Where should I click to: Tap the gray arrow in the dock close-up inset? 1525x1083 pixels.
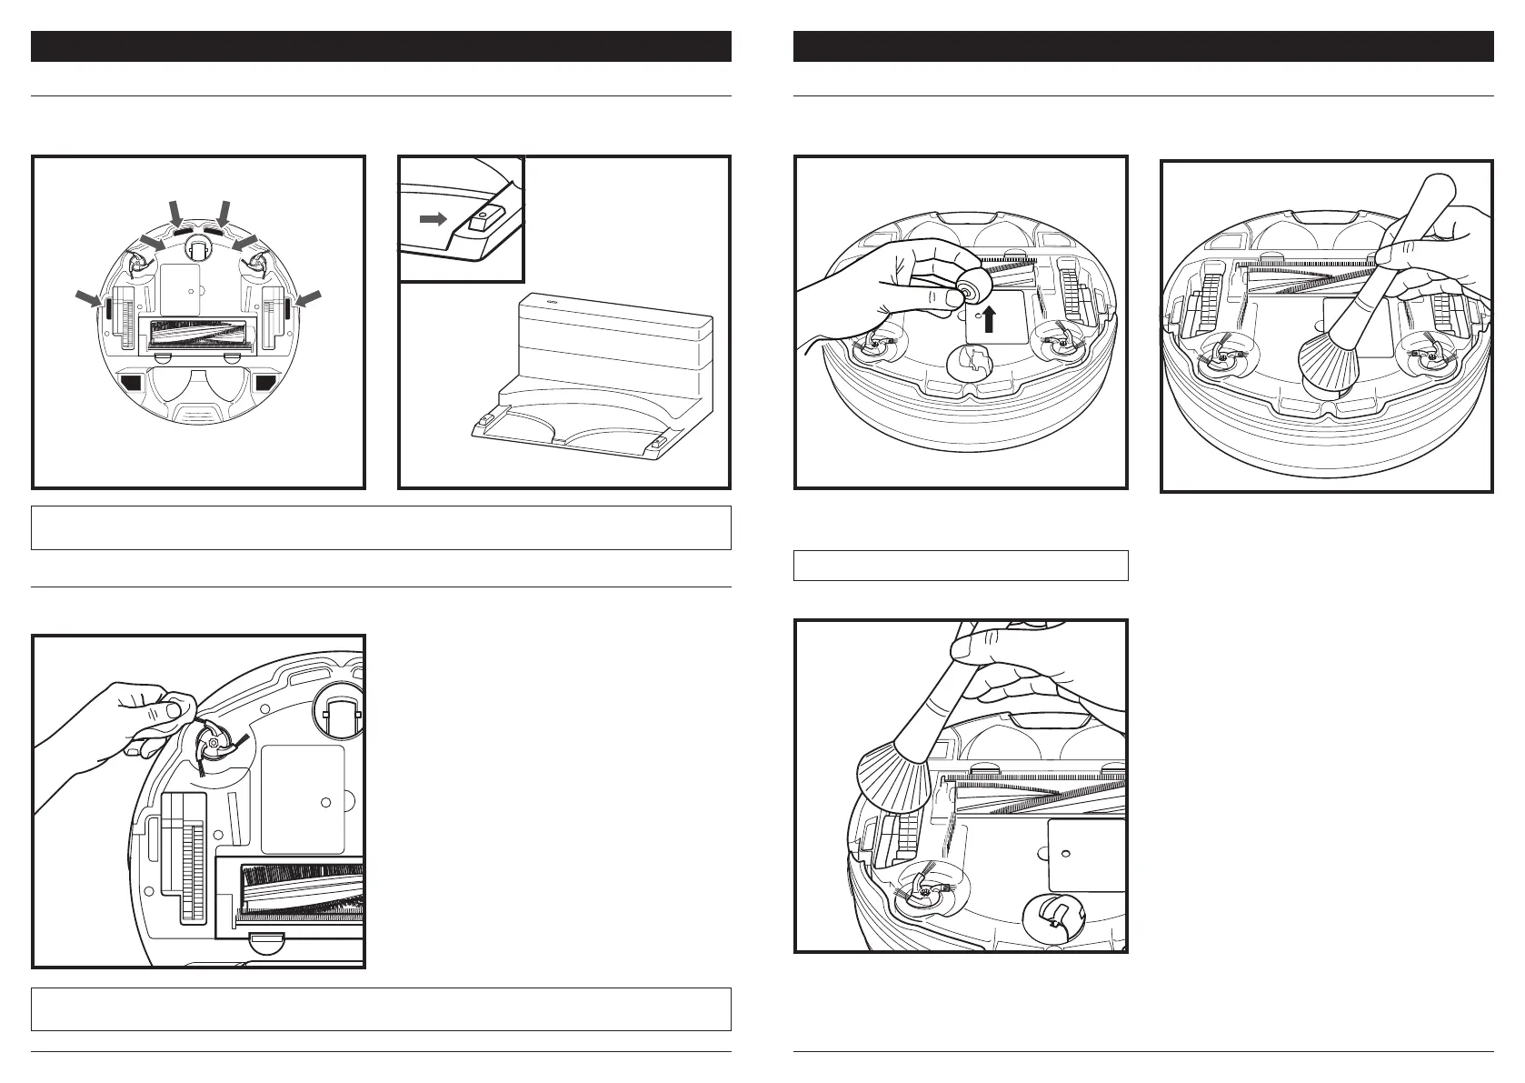tap(433, 219)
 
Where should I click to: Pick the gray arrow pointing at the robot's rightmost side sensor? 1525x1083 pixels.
tap(310, 297)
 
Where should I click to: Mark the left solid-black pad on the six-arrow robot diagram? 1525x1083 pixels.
tap(130, 383)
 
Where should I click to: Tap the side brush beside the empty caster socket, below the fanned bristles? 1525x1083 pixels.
tap(924, 892)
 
